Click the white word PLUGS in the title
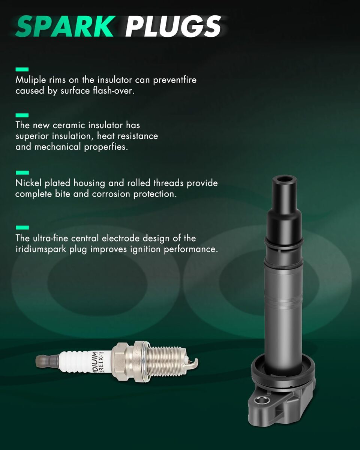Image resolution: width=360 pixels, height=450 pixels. click(x=173, y=26)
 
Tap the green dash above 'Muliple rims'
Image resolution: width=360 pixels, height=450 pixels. click(x=22, y=69)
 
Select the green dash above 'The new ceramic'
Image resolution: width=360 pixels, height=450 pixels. click(x=22, y=115)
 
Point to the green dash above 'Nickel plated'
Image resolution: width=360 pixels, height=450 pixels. click(x=22, y=172)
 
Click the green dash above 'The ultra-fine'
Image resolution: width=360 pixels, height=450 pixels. click(x=22, y=228)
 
